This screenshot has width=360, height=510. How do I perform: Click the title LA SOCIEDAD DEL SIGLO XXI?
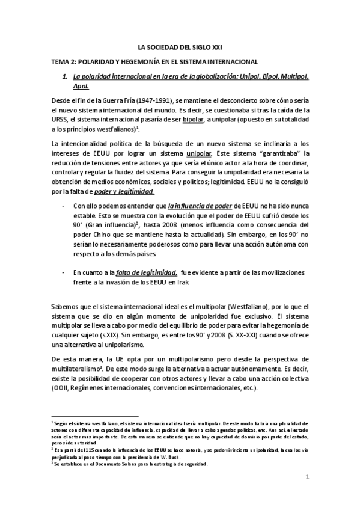[180, 46]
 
